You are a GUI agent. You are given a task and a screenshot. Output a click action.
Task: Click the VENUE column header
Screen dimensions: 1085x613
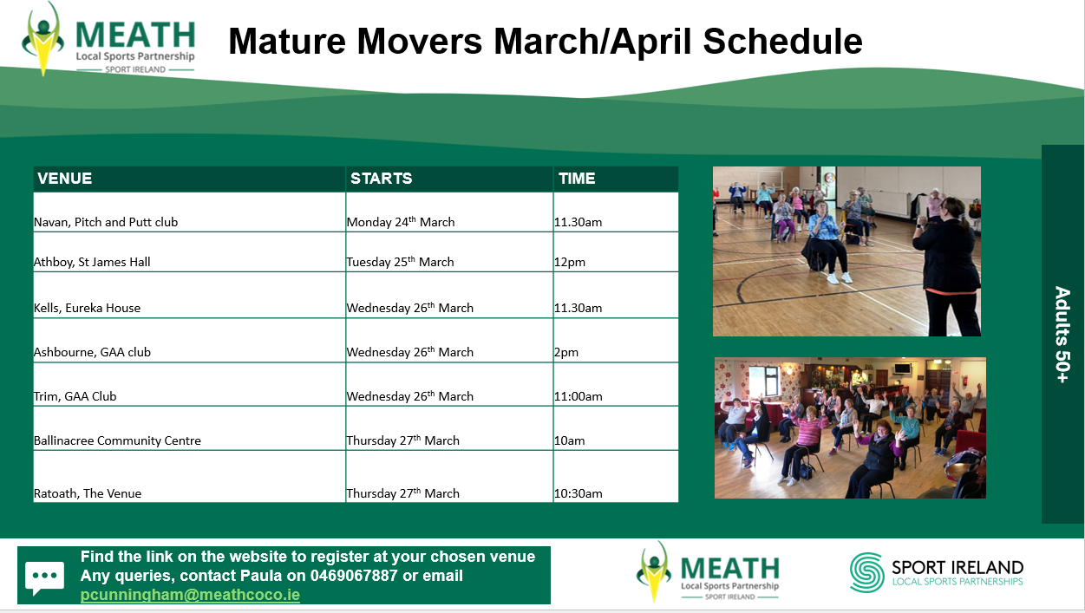(x=64, y=179)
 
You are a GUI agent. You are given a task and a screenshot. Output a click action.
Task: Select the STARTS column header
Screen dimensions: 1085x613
(x=382, y=179)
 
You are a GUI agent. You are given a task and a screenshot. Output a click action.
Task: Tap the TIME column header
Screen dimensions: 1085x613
(x=577, y=179)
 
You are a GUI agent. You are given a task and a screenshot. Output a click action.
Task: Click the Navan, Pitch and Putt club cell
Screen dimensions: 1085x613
(x=106, y=222)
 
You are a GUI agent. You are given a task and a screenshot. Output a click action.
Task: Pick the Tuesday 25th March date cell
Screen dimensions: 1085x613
(x=400, y=262)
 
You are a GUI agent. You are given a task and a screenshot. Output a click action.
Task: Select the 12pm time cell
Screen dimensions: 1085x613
(x=570, y=263)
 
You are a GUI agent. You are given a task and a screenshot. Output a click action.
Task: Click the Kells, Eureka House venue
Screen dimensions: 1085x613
(x=88, y=308)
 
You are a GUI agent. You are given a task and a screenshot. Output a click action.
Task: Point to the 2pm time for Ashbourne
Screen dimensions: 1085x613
(x=566, y=353)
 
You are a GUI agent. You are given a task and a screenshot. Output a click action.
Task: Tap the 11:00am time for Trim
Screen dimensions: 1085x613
(x=578, y=396)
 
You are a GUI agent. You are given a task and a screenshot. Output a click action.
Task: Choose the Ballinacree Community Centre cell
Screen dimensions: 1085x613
(x=117, y=440)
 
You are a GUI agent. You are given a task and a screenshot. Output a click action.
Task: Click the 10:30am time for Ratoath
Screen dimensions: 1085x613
(x=578, y=493)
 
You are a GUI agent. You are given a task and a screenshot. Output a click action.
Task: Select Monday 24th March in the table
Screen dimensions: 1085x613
(x=401, y=222)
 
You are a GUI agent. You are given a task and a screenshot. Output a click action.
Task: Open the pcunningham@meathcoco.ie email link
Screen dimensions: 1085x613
(x=190, y=595)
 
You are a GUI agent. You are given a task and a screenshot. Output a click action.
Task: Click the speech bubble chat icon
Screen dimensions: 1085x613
(x=44, y=577)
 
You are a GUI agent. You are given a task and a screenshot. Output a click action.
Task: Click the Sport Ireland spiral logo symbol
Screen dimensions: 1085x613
(x=867, y=572)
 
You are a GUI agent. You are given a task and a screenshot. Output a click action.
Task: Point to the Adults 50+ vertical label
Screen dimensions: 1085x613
(x=1062, y=335)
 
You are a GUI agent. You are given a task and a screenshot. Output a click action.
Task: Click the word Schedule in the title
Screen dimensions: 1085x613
(x=783, y=42)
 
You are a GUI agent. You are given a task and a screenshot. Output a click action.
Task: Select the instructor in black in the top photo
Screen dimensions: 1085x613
(x=947, y=266)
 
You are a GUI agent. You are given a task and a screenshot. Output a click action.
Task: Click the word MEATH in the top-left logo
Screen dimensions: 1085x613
(x=135, y=35)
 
